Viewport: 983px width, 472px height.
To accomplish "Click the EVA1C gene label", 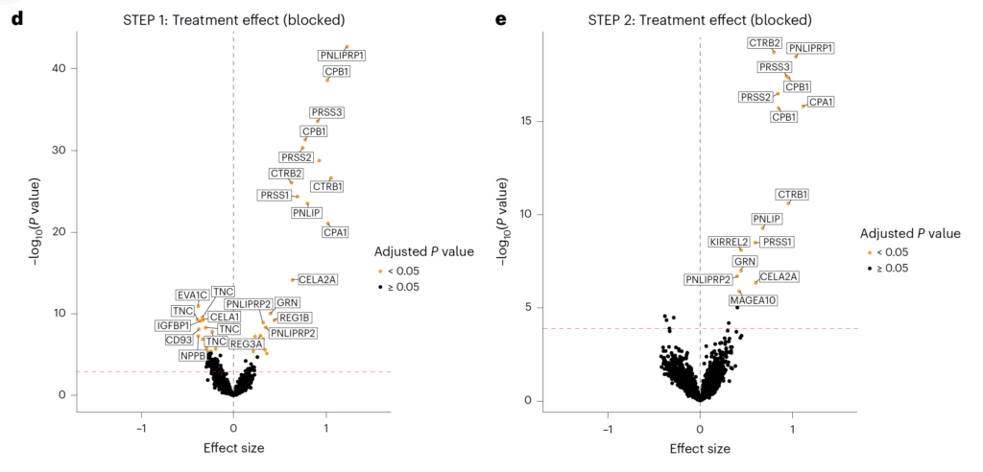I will [x=192, y=295].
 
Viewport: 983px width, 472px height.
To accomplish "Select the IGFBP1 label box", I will [x=175, y=325].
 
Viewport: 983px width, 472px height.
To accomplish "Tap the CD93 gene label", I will [x=180, y=340].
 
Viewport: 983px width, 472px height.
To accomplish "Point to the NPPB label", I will [x=193, y=355].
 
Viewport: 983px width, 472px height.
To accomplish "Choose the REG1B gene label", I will [x=294, y=318].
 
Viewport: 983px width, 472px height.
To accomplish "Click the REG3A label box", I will [x=247, y=343].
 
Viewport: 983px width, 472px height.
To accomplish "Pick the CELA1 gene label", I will [x=225, y=317].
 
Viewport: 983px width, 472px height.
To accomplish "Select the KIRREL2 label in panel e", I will [x=729, y=241].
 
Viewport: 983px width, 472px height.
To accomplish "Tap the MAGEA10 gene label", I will [x=754, y=300].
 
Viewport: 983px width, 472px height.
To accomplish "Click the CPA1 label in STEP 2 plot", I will [x=820, y=102].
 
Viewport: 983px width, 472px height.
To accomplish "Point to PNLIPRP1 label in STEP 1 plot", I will [x=343, y=56].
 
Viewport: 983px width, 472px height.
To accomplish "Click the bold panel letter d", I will [x=17, y=18].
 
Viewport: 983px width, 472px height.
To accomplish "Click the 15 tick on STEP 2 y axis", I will [x=527, y=121].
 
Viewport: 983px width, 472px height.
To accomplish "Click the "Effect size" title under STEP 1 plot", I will [x=233, y=448].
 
